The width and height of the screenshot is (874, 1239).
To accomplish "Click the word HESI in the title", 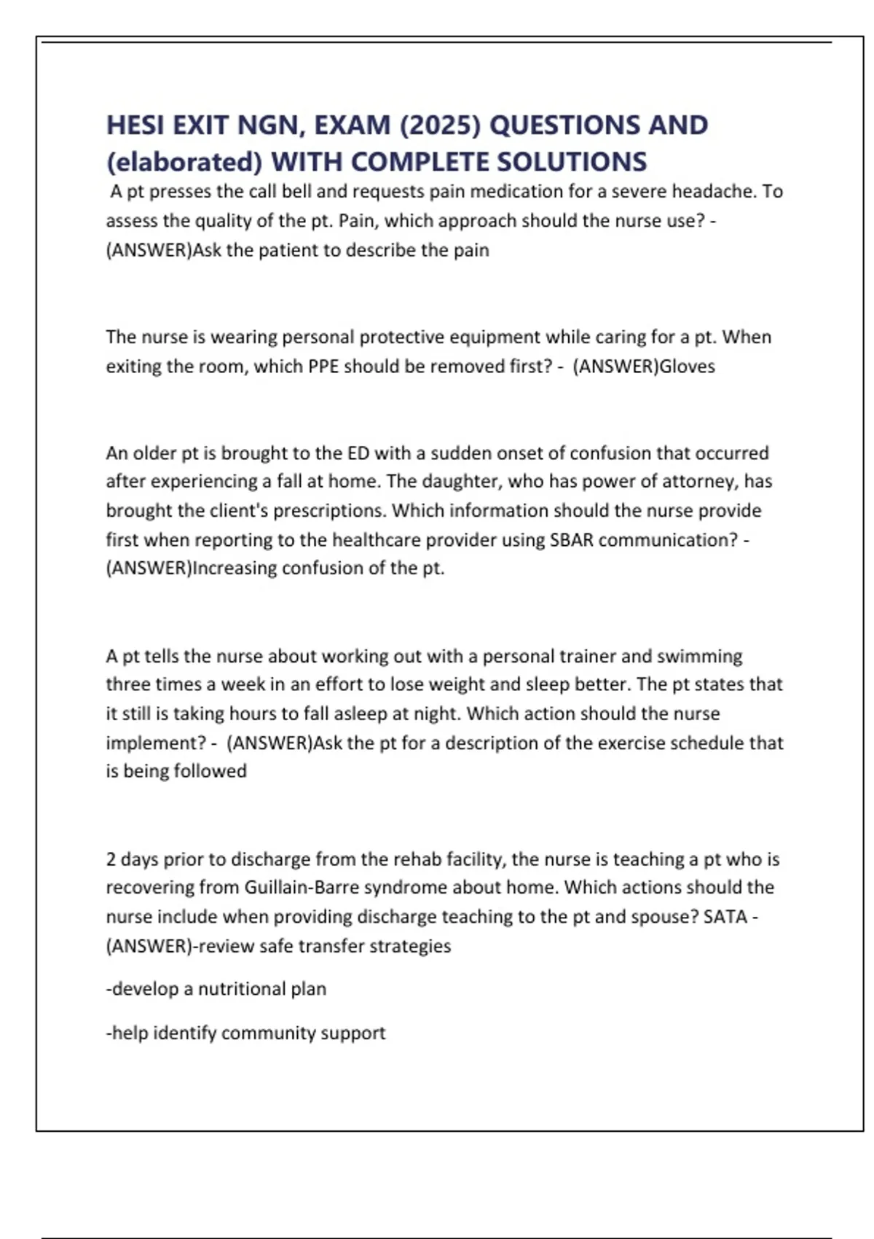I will click(x=136, y=125).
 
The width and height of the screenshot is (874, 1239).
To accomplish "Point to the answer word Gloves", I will click(x=687, y=366).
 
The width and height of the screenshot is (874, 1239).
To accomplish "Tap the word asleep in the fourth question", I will click(x=368, y=714).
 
